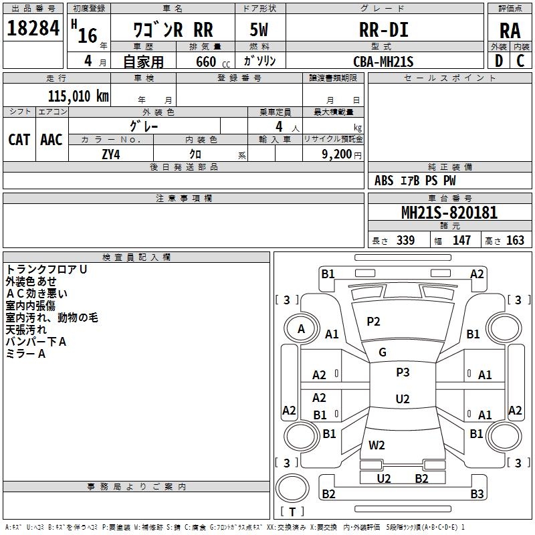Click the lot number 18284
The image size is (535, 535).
click(33, 28)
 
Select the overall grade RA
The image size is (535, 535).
click(510, 31)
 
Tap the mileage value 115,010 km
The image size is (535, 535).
click(78, 96)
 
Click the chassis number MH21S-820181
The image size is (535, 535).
click(449, 213)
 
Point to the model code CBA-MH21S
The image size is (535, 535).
click(383, 62)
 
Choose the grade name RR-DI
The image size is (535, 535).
click(384, 29)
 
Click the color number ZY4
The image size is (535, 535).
click(111, 154)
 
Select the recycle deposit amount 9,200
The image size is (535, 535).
click(337, 154)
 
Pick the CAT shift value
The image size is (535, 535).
click(19, 140)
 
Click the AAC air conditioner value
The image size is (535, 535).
click(51, 140)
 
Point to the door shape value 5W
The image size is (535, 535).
click(259, 29)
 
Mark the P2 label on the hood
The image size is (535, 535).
click(373, 322)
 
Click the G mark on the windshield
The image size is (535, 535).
click(383, 352)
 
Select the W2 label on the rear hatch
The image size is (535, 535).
click(377, 445)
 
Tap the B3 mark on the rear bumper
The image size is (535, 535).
click(477, 494)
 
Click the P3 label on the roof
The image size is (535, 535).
click(403, 372)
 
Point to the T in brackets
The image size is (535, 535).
click(292, 512)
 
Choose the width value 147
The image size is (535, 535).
click(461, 240)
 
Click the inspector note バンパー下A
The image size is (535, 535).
click(36, 342)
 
